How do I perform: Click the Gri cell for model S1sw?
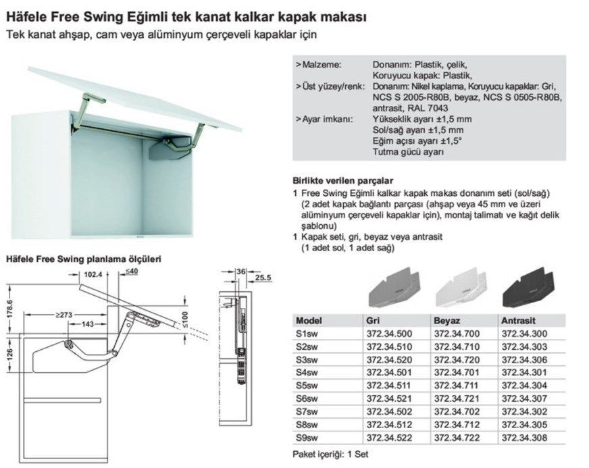tap(389, 334)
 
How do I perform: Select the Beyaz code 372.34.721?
tap(457, 398)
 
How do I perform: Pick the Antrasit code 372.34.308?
tap(524, 438)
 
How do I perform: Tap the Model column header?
tap(309, 321)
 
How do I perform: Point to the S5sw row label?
tap(307, 386)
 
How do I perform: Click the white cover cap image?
tap(461, 286)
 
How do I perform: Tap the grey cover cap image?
tap(394, 286)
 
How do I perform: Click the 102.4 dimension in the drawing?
tap(93, 275)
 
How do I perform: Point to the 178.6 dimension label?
tap(10, 309)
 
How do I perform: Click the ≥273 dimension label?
tap(63, 315)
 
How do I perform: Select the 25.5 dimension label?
tap(263, 278)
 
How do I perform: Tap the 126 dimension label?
tap(10, 354)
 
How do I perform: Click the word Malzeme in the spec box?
tap(322, 65)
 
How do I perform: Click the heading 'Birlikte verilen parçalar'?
tap(343, 181)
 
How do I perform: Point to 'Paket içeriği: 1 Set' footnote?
tap(330, 454)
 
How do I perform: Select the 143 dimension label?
tap(88, 323)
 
